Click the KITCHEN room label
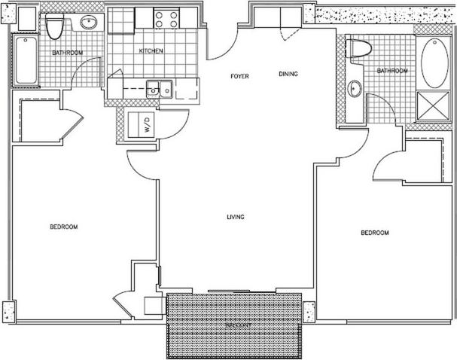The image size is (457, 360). [151, 51]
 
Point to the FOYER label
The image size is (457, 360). [240, 76]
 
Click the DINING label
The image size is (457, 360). [288, 74]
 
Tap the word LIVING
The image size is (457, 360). [236, 217]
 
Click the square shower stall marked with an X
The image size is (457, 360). [431, 107]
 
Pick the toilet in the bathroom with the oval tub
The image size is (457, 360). [360, 50]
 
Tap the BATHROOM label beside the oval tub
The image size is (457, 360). [391, 71]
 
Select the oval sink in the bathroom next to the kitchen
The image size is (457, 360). [88, 23]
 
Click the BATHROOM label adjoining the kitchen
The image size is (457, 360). [67, 53]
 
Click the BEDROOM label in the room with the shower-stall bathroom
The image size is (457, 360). [375, 233]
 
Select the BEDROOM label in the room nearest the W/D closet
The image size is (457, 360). [63, 227]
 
